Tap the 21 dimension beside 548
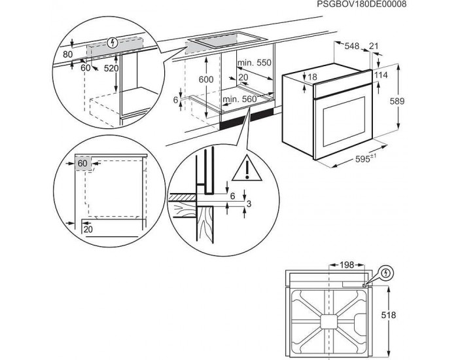[374, 46]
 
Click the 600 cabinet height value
[207, 78]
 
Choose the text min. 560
[237, 99]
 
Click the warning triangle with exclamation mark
[247, 169]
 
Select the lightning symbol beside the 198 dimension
[386, 273]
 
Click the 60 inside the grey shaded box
[82, 163]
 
